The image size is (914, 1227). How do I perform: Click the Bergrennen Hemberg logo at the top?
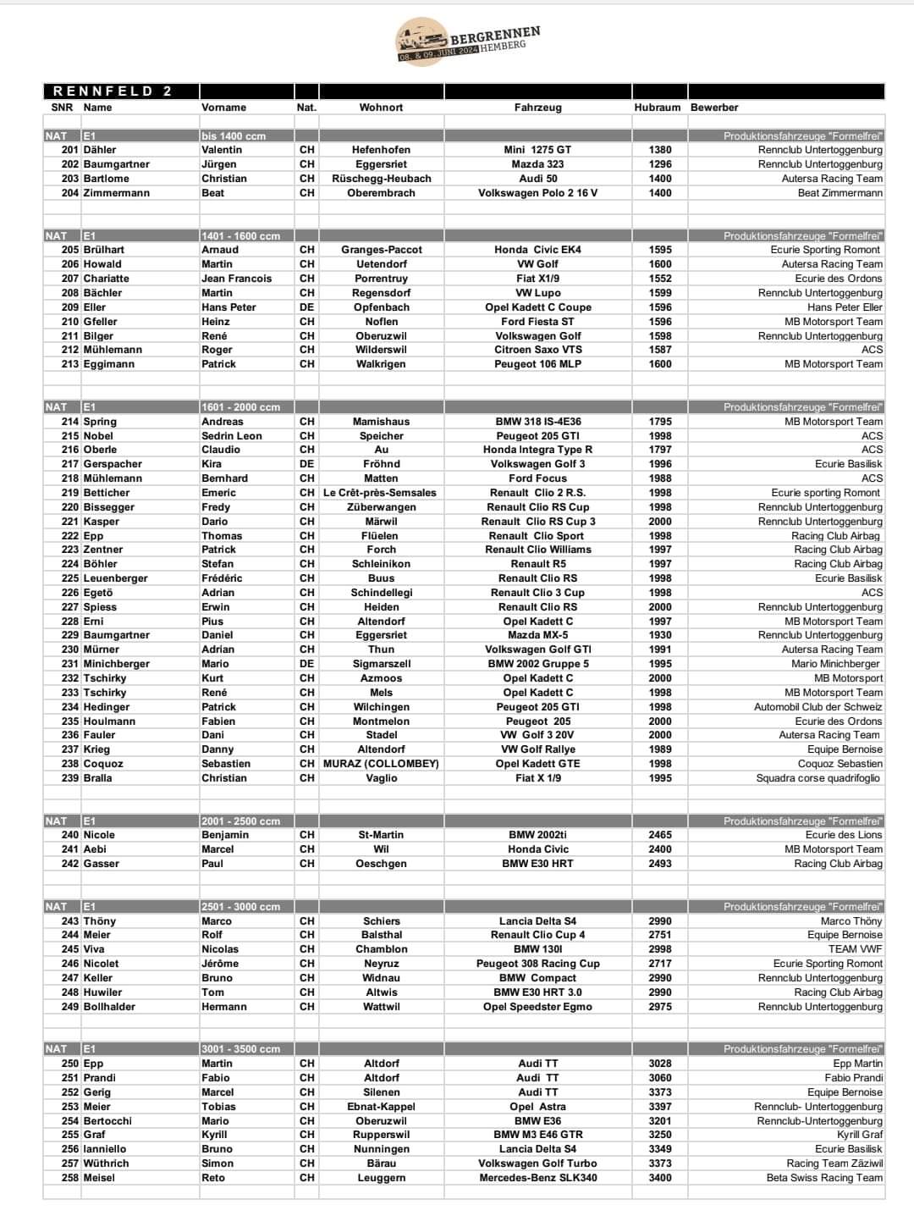[x=467, y=41]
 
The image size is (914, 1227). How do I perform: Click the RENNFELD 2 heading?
[x=112, y=91]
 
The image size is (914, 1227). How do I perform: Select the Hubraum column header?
[x=658, y=108]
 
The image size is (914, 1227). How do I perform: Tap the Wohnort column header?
[x=381, y=108]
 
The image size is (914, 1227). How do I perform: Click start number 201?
[x=69, y=150]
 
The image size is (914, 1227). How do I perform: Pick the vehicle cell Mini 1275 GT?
[x=537, y=150]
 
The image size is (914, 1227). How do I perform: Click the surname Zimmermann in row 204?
[x=117, y=193]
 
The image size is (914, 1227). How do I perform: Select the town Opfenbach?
[x=381, y=307]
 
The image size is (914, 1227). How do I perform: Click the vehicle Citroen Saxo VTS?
[x=537, y=350]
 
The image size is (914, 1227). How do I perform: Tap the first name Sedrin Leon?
[x=232, y=436]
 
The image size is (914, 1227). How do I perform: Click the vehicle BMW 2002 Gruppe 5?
[x=537, y=664]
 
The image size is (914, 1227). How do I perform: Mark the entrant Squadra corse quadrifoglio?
[x=818, y=778]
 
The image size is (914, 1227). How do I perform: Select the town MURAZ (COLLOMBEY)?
[x=381, y=764]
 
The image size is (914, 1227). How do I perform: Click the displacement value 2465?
[x=660, y=835]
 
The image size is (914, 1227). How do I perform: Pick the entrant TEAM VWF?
[x=855, y=949]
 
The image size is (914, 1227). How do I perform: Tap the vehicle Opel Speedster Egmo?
[x=537, y=1007]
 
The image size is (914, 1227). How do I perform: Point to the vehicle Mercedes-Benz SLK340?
[x=537, y=1178]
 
